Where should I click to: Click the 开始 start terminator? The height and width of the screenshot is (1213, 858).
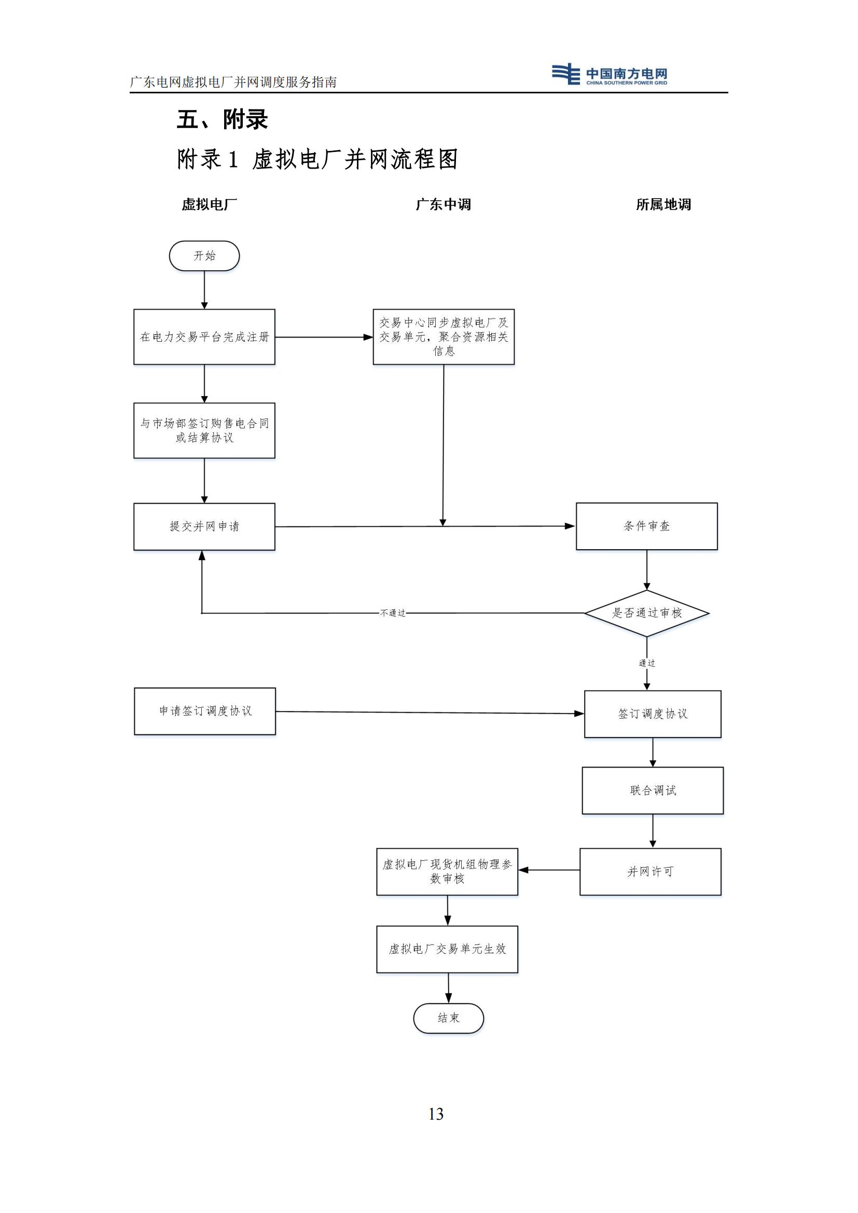click(204, 256)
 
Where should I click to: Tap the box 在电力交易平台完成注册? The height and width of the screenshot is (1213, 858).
click(204, 337)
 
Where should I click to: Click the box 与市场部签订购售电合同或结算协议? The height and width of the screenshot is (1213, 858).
click(204, 430)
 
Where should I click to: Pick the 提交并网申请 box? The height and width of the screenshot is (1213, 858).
click(204, 526)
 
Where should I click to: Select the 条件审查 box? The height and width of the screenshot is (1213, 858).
click(646, 526)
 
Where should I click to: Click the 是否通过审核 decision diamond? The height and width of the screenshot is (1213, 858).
click(646, 613)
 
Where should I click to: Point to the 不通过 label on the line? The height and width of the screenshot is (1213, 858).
click(393, 613)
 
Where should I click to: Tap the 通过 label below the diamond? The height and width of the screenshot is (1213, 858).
click(647, 663)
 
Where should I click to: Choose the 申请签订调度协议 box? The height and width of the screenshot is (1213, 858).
click(205, 711)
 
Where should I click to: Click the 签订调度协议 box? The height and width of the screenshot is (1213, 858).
click(653, 714)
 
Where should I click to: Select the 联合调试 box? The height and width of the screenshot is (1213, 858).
click(653, 790)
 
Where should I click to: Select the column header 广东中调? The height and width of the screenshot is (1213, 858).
click(442, 204)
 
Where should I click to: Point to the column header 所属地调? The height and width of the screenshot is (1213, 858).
click(663, 204)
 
